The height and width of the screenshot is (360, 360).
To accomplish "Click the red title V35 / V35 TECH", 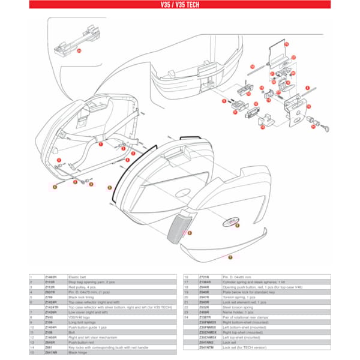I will tap(179, 4).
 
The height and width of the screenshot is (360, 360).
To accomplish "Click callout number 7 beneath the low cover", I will tap(229, 257).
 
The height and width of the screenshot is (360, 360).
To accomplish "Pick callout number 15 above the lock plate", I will tap(286, 44).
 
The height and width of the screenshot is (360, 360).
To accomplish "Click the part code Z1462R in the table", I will tap(51, 277).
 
